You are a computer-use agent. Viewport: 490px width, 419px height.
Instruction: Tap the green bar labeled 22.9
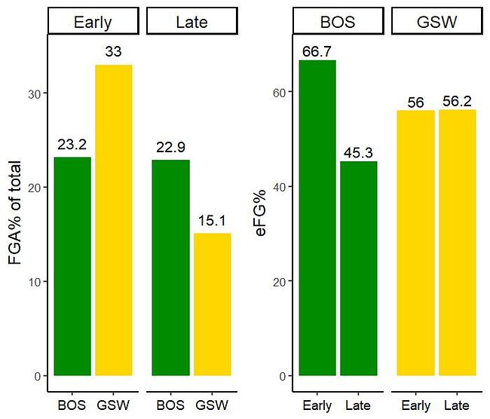click(170, 268)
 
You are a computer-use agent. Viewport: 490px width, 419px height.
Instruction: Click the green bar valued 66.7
click(317, 218)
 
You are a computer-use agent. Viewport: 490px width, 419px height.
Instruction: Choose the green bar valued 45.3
click(359, 268)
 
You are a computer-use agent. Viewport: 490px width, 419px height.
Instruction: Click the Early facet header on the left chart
click(93, 22)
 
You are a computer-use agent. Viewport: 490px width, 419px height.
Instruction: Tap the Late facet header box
click(191, 22)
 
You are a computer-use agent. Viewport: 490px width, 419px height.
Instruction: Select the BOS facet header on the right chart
click(338, 22)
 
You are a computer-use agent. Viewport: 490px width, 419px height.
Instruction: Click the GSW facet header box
click(436, 22)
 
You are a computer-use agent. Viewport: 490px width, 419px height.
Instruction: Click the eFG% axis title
click(261, 215)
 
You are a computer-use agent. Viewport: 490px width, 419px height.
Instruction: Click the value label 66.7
click(317, 50)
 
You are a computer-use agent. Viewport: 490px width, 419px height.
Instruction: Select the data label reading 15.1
click(212, 222)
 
